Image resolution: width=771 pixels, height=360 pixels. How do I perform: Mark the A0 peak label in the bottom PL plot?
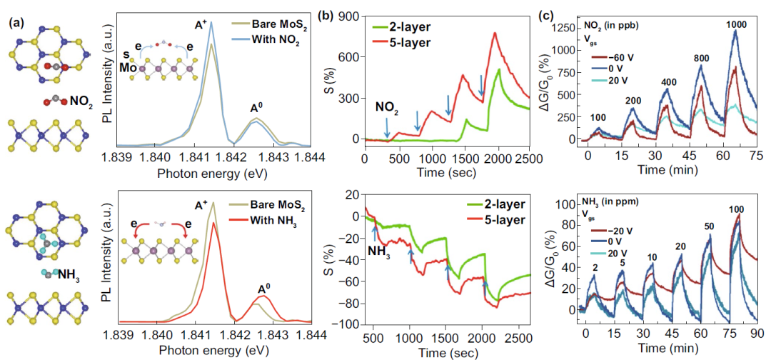pyautogui.click(x=264, y=289)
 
